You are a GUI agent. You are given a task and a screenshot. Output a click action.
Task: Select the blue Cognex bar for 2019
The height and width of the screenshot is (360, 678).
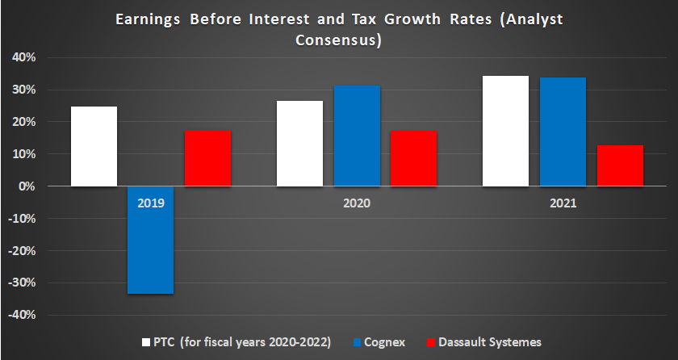pyautogui.click(x=151, y=240)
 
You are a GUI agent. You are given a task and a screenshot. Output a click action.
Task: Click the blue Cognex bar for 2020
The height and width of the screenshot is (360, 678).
pyautogui.click(x=357, y=136)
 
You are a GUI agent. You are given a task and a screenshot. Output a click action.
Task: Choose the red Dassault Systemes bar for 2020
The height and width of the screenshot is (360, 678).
pyautogui.click(x=414, y=158)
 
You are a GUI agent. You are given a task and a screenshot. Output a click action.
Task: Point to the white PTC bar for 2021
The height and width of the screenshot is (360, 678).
pyautogui.click(x=506, y=131)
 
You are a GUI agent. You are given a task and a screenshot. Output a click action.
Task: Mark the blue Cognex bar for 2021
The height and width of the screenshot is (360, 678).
pyautogui.click(x=563, y=132)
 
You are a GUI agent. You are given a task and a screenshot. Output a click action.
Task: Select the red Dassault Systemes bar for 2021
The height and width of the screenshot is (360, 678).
pyautogui.click(x=620, y=165)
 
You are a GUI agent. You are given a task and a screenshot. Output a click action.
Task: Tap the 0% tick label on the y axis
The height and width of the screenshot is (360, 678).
pyautogui.click(x=27, y=186)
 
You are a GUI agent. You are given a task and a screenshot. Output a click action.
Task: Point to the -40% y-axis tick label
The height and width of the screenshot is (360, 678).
pyautogui.click(x=22, y=315)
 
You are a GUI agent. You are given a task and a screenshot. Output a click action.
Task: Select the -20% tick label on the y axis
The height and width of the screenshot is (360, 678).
pyautogui.click(x=22, y=250)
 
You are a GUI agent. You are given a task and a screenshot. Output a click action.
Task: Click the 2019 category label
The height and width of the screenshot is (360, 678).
pyautogui.click(x=151, y=204)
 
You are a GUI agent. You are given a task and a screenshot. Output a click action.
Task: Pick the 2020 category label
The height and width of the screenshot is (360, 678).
pyautogui.click(x=357, y=204)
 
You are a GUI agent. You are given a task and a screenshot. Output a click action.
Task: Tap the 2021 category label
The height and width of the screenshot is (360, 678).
pyautogui.click(x=563, y=204)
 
